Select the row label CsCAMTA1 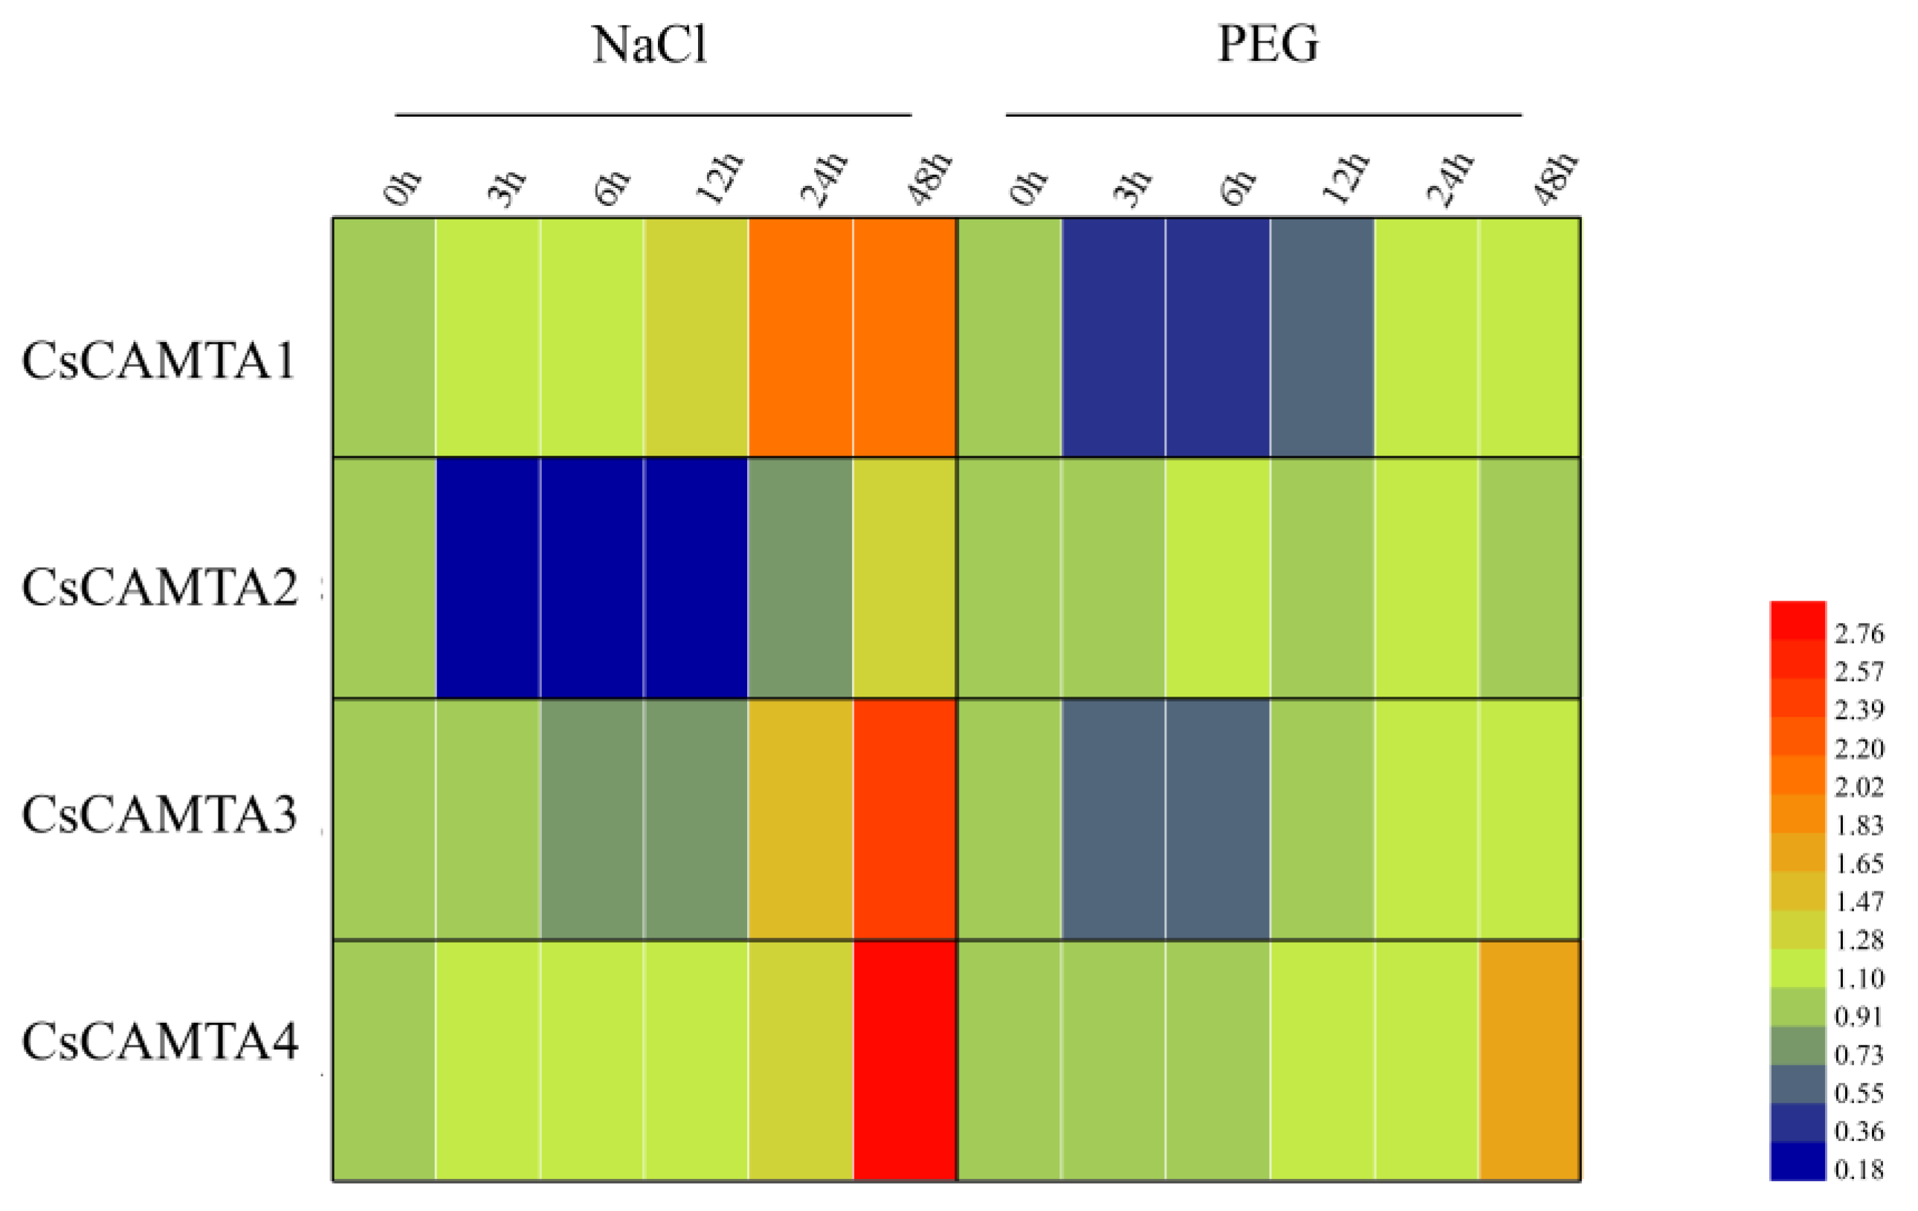[158, 361]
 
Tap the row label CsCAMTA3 [159, 815]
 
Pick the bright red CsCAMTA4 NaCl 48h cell [904, 1059]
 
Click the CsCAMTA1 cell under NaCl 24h [801, 337]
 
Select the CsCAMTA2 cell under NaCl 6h [592, 578]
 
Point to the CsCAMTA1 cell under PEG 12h [1323, 337]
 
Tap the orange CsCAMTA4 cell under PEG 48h [1530, 1059]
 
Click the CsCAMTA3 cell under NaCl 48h [904, 819]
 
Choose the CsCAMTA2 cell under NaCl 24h [801, 578]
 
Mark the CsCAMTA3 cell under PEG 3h [1114, 819]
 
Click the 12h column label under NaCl [720, 179]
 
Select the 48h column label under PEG [1554, 179]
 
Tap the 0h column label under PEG [1028, 187]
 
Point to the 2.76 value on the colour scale [1859, 634]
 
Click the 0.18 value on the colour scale [1859, 1170]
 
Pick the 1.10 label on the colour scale [1859, 978]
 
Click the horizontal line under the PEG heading [1263, 114]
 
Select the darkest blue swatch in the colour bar [1798, 1160]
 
